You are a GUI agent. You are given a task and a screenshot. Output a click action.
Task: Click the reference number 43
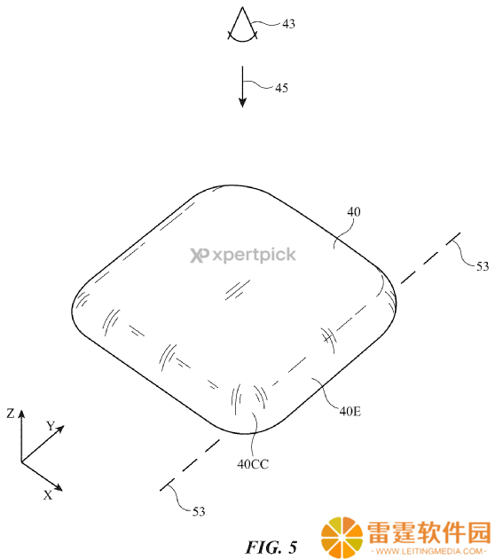(x=288, y=24)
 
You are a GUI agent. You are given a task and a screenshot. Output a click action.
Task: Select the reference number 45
(x=281, y=88)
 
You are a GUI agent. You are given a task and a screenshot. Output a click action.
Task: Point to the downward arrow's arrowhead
(x=243, y=101)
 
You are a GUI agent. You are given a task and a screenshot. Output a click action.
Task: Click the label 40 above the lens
(x=354, y=212)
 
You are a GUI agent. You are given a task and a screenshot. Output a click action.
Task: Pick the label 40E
(x=350, y=412)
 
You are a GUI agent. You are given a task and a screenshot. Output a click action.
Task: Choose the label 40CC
(x=253, y=464)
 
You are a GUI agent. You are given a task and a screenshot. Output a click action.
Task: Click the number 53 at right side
(x=483, y=266)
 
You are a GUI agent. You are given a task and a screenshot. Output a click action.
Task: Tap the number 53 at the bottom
(x=199, y=512)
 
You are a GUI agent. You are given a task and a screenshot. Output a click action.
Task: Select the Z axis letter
(x=11, y=414)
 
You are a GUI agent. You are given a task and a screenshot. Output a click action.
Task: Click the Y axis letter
(x=51, y=426)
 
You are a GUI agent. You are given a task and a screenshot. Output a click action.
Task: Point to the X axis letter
(x=48, y=495)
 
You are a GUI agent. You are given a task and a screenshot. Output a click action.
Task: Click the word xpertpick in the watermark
(x=254, y=256)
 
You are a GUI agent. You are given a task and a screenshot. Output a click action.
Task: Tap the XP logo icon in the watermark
(x=199, y=256)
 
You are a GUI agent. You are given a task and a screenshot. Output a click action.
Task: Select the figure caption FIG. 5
(x=271, y=548)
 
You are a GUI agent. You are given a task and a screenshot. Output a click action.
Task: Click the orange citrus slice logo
(x=342, y=538)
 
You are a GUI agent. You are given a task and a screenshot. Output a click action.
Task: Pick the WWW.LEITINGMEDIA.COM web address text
(x=429, y=551)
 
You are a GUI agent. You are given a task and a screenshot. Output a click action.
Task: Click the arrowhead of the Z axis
(x=21, y=414)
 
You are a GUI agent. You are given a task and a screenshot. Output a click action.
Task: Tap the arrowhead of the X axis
(x=59, y=487)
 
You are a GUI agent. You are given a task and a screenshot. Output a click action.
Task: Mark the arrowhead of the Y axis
(x=60, y=429)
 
